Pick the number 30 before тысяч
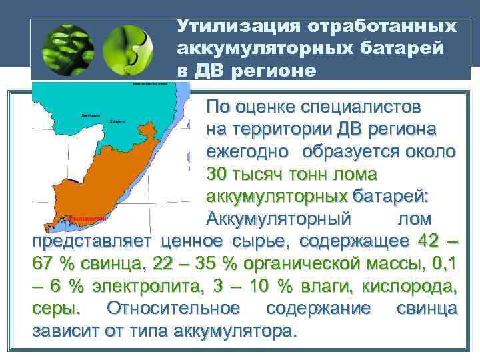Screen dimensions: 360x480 pos(217,174)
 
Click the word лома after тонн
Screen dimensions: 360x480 pos(356,174)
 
